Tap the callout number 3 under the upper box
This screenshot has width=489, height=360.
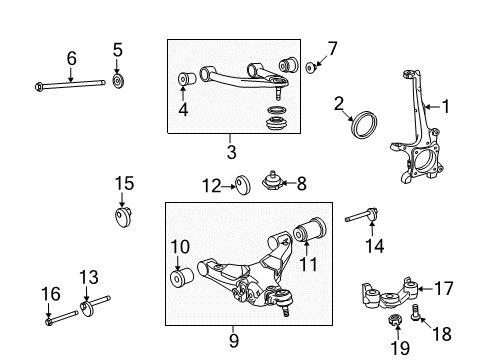(230, 151)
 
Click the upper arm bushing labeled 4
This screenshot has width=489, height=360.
(185, 79)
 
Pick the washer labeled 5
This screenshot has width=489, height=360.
(117, 79)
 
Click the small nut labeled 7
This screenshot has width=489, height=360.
(310, 68)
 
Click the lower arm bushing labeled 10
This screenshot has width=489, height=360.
(181, 276)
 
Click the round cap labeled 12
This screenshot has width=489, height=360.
(240, 184)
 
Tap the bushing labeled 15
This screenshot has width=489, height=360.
(125, 214)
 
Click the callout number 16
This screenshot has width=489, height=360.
(46, 293)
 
